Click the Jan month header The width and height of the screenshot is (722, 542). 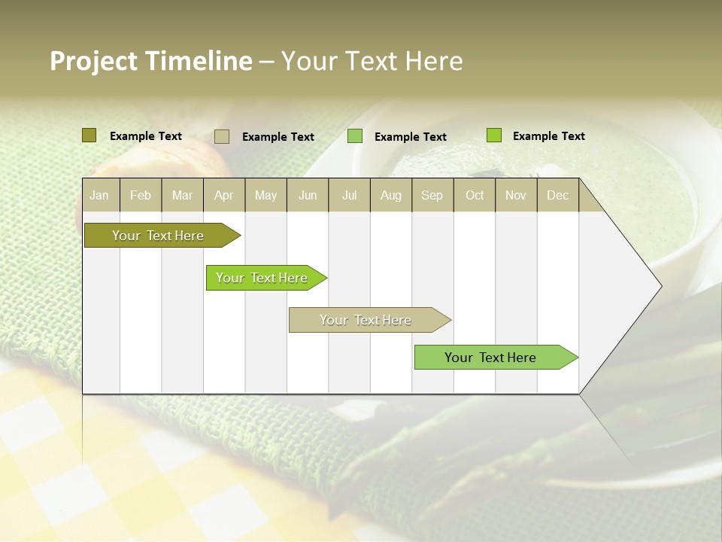[100, 195]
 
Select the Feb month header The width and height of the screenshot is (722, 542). [141, 195]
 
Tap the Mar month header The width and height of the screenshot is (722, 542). [182, 195]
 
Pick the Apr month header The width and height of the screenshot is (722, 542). [224, 195]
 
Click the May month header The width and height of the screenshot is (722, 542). [265, 195]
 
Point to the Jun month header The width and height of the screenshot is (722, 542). [308, 195]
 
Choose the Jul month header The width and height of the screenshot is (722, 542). [349, 195]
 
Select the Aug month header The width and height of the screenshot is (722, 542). [391, 195]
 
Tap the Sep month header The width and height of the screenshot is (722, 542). [432, 195]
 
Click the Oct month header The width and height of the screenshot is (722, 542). [475, 195]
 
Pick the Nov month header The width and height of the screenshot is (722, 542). [516, 195]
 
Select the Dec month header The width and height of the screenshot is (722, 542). [558, 195]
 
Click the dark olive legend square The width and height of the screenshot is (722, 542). [89, 135]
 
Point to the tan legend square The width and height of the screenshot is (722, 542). [222, 136]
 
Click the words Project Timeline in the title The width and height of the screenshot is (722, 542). [151, 61]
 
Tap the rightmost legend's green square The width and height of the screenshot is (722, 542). [493, 135]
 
